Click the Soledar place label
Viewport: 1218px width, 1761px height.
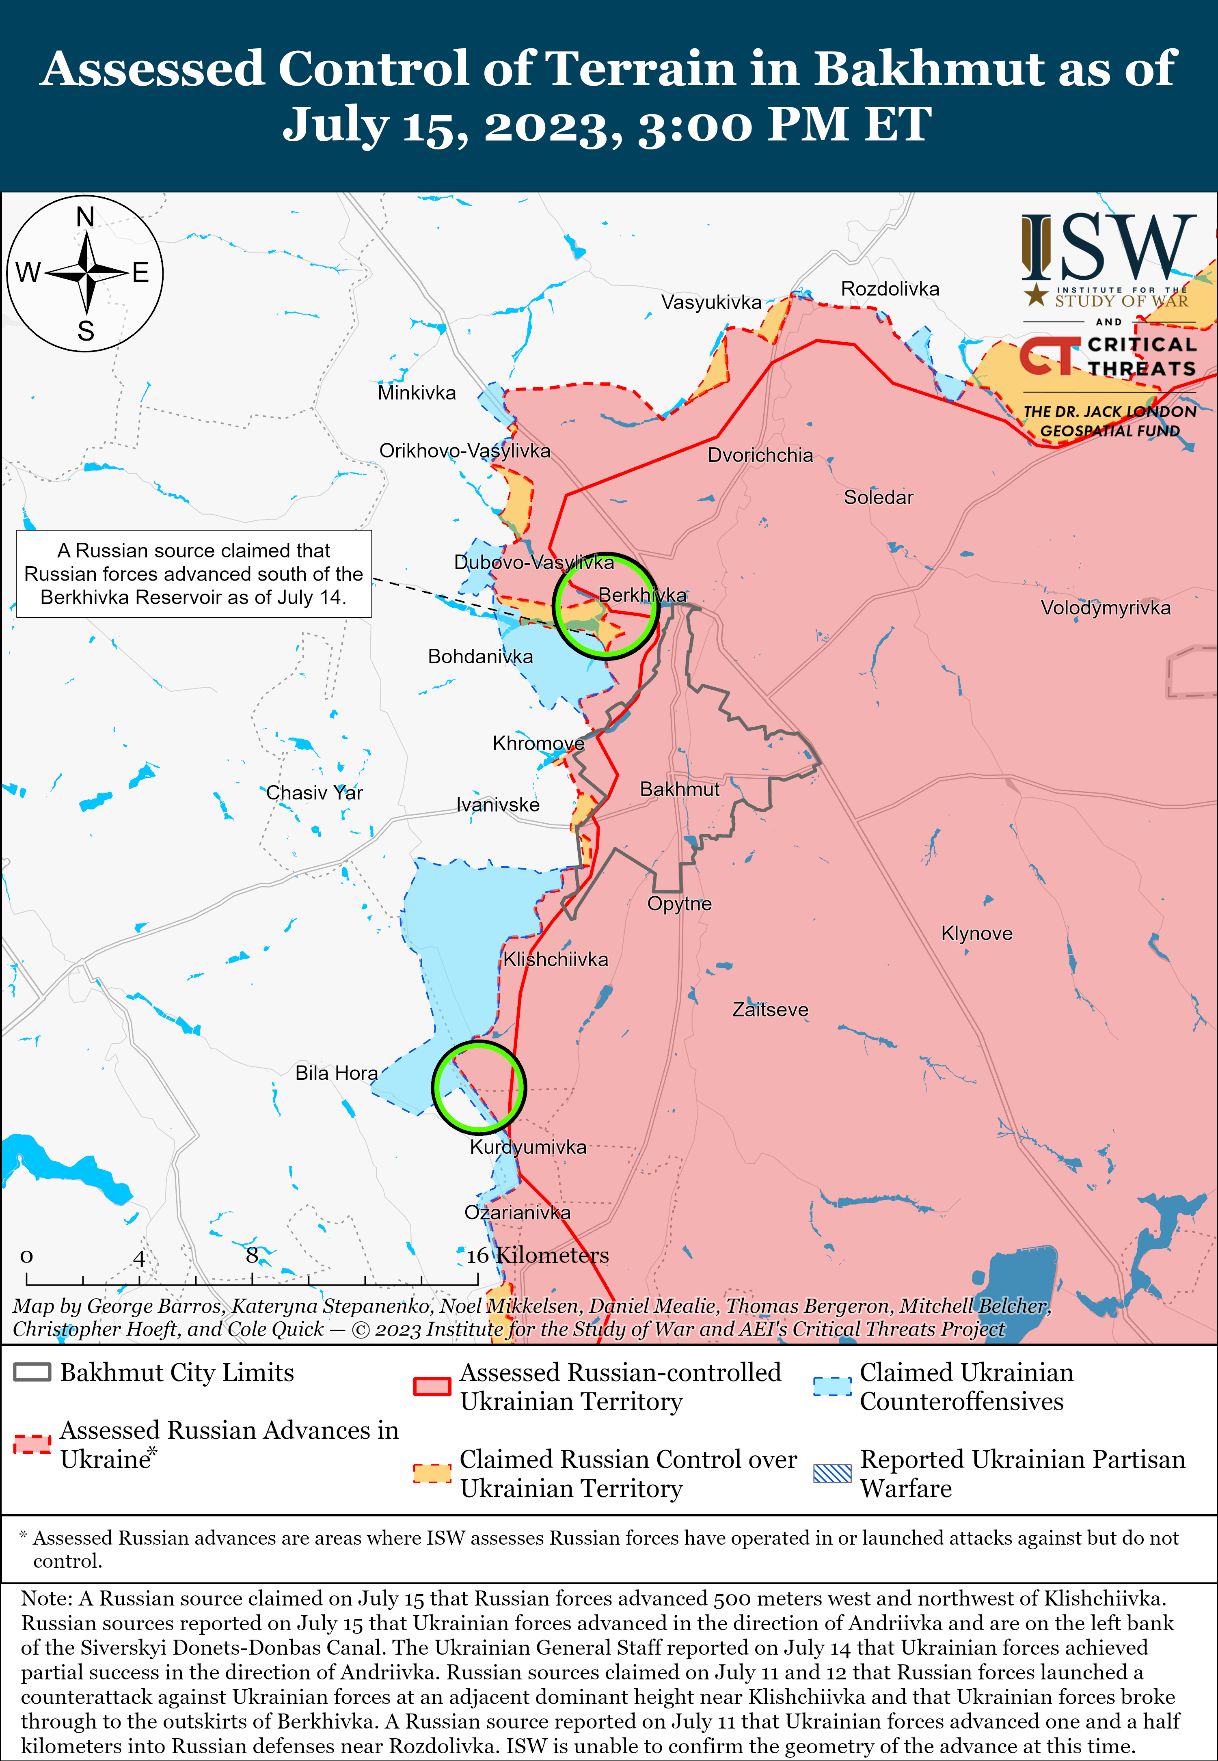pyautogui.click(x=879, y=497)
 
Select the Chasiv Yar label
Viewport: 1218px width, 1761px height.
pyautogui.click(x=314, y=793)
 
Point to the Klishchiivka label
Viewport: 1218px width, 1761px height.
pyautogui.click(x=555, y=959)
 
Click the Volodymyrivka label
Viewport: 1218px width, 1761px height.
pyautogui.click(x=1105, y=608)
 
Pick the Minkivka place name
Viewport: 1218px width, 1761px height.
pyautogui.click(x=417, y=393)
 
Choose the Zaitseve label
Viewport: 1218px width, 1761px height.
pyautogui.click(x=770, y=1010)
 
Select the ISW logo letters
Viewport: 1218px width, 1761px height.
pyautogui.click(x=1110, y=248)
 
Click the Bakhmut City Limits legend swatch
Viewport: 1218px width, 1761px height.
pyautogui.click(x=32, y=1372)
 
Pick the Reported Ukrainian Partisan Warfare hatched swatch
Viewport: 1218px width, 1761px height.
pyautogui.click(x=832, y=1473)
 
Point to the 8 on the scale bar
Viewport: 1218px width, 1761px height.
pyautogui.click(x=252, y=1255)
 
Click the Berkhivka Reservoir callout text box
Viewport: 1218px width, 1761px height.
pyautogui.click(x=194, y=574)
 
